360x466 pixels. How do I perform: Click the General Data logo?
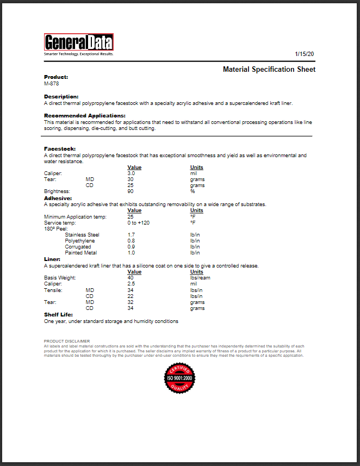pos(78,43)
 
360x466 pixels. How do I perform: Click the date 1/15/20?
pos(305,54)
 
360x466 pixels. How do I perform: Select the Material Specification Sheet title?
pos(269,70)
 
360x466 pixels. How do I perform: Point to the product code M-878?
pos(51,84)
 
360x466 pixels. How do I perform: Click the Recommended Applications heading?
pos(84,116)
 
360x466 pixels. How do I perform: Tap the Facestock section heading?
pos(60,148)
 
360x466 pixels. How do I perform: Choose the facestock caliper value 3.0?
pos(131,173)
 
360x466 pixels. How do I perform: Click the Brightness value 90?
pos(130,191)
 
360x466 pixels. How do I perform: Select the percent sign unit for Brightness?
pos(192,191)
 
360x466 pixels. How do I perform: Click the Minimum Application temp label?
pos(75,217)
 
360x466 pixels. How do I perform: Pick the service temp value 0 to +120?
pos(138,223)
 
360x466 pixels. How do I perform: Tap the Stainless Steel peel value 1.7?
pos(131,235)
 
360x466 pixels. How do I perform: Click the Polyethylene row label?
pos(79,241)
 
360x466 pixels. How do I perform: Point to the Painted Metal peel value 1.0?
pos(131,253)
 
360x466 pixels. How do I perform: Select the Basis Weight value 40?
pos(130,278)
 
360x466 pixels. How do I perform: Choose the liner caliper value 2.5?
pos(131,284)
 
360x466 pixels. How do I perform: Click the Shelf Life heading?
pos(58,315)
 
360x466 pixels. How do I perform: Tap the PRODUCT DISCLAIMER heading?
pos(67,341)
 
